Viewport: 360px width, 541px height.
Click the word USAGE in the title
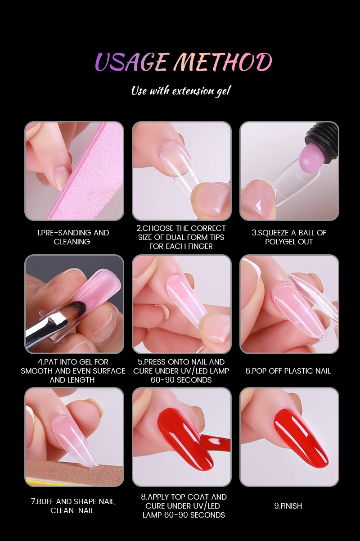click(x=131, y=62)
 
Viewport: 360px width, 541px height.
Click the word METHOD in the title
click(x=223, y=62)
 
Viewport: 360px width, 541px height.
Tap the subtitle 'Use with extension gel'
click(x=181, y=91)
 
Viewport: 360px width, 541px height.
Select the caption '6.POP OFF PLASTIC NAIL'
click(x=288, y=371)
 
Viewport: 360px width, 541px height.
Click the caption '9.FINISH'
click(x=288, y=506)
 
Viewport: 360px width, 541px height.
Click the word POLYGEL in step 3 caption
click(x=281, y=242)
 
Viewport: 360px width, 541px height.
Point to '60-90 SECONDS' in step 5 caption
click(x=181, y=380)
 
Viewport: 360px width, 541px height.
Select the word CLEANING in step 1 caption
click(x=72, y=242)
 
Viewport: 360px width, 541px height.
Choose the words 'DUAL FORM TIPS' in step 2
click(x=195, y=237)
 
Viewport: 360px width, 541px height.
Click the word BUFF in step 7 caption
click(x=45, y=501)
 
